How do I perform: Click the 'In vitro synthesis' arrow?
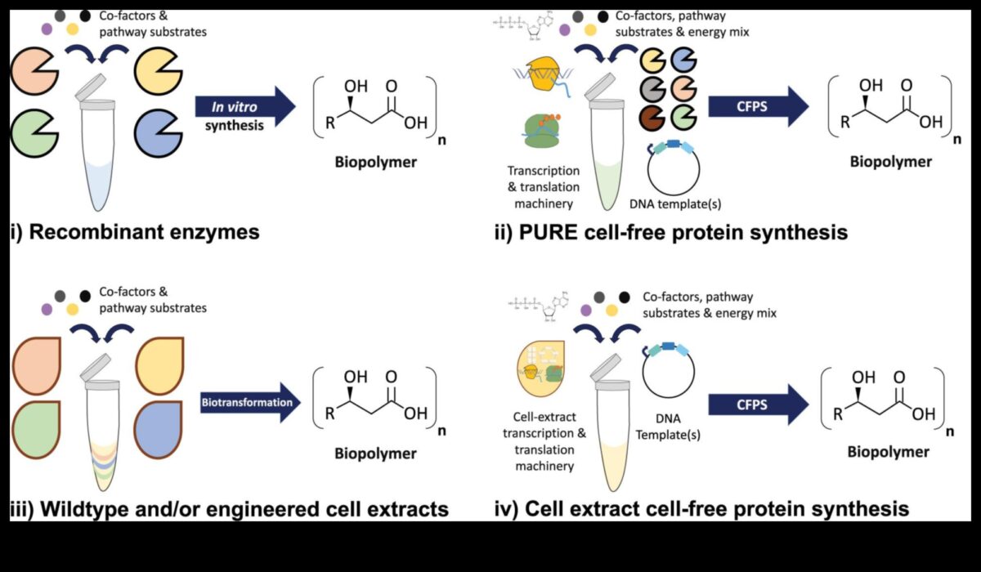pyautogui.click(x=244, y=107)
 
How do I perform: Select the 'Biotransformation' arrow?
pyautogui.click(x=249, y=402)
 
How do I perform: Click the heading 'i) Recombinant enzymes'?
pyautogui.click(x=135, y=232)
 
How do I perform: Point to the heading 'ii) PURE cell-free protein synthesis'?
pyautogui.click(x=670, y=232)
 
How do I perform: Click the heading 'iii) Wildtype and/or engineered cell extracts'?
pyautogui.click(x=230, y=509)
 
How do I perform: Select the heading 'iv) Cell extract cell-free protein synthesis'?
pyautogui.click(x=702, y=509)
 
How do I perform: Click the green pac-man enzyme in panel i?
pyautogui.click(x=34, y=132)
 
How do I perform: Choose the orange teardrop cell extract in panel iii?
pyautogui.click(x=35, y=363)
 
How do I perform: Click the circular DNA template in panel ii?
pyautogui.click(x=674, y=172)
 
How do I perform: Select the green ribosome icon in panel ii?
pyautogui.click(x=542, y=130)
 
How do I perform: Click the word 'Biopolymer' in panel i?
pyautogui.click(x=375, y=161)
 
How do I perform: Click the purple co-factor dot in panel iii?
pyautogui.click(x=47, y=310)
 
